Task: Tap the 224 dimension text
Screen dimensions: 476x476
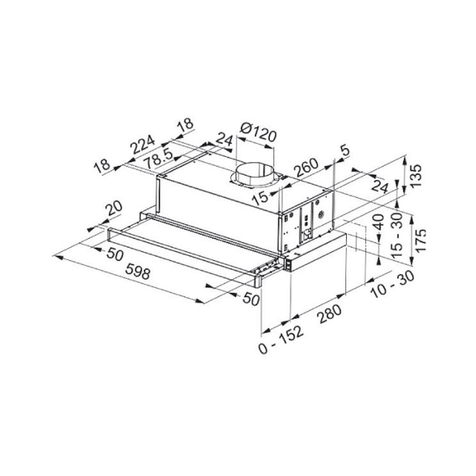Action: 143,145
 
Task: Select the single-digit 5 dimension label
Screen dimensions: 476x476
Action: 346,151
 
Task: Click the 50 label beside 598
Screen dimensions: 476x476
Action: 114,254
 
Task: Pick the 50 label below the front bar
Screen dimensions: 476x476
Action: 250,299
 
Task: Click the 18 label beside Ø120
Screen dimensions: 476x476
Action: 185,125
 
